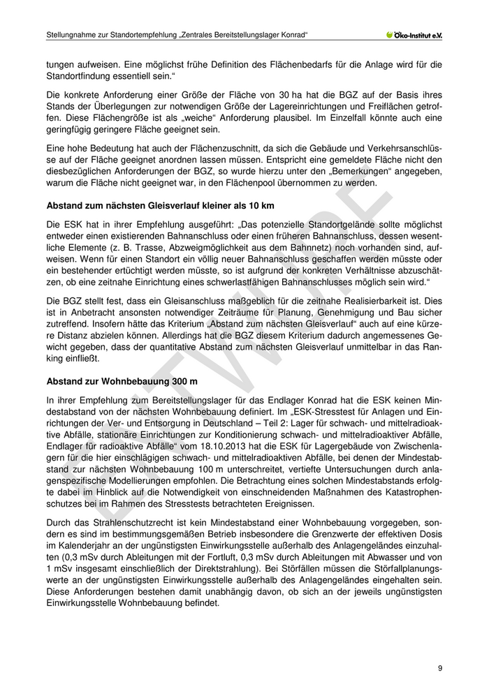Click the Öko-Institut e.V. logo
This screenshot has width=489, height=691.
[x=414, y=34]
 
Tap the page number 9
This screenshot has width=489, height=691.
[x=439, y=668]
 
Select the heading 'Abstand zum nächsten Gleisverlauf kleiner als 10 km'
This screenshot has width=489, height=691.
[x=160, y=207]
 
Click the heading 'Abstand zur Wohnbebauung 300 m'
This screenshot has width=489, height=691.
[x=122, y=382]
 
